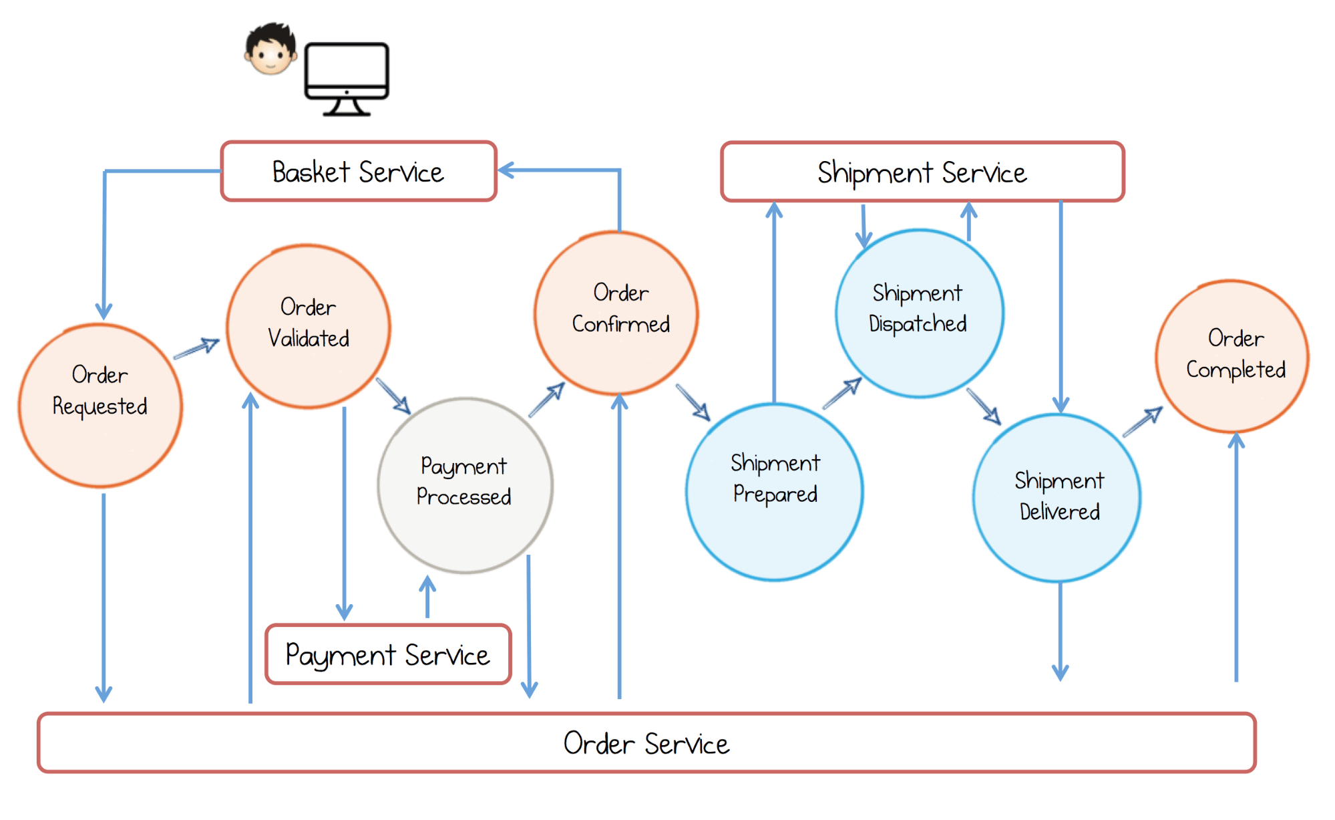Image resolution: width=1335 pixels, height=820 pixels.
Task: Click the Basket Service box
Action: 359,171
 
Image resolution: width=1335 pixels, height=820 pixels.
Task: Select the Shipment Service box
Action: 922,172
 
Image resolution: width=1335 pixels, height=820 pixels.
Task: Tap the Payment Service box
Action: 388,654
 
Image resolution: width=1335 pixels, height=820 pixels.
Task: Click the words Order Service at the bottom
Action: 646,743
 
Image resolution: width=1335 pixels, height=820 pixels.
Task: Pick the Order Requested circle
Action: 100,406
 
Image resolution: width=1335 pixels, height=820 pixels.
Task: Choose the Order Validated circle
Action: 309,326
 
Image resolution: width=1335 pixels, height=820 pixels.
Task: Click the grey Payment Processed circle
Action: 465,485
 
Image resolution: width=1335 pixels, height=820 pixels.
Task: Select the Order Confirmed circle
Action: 616,313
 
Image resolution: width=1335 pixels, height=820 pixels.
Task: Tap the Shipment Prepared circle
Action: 775,492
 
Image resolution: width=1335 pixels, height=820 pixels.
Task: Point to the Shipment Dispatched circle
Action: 919,313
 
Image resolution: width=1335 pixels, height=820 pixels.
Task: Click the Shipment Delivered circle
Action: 1057,498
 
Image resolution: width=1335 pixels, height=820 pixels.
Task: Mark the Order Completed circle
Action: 1233,356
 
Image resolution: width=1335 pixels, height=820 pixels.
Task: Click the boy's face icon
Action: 270,50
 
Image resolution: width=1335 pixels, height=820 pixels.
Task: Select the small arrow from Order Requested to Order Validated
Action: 196,348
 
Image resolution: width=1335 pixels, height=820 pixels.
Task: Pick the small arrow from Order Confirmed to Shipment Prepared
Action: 693,402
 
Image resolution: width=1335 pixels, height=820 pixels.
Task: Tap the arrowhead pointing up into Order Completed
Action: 1236,441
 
